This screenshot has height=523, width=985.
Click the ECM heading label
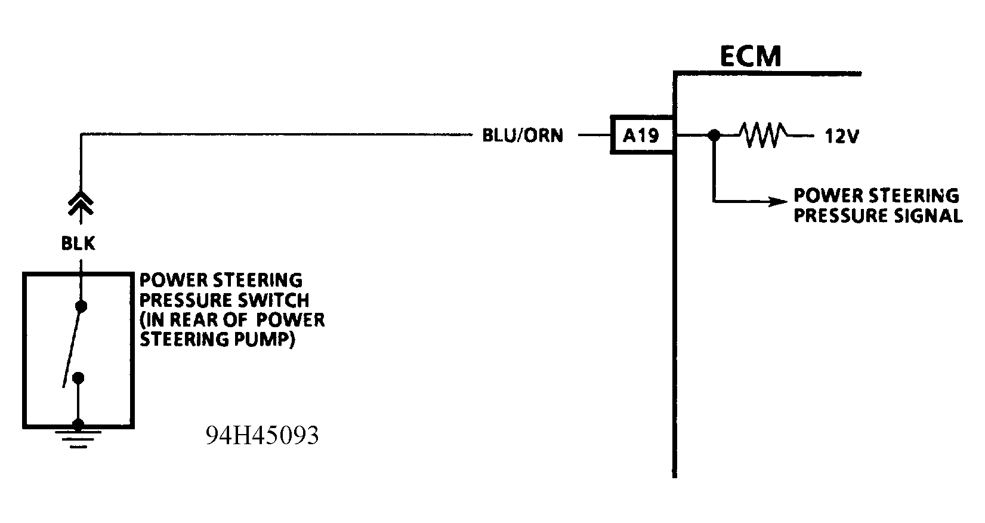pos(750,56)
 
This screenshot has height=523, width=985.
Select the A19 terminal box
pos(641,136)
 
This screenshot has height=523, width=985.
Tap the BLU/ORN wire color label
pos(522,136)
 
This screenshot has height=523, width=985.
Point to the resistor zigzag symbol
pos(763,136)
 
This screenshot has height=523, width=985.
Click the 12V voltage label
pos(841,137)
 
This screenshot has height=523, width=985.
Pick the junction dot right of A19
pos(713,136)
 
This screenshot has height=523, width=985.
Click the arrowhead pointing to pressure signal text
pos(777,202)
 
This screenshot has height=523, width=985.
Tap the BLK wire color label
pos(78,244)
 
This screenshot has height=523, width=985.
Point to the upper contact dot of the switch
pos(82,306)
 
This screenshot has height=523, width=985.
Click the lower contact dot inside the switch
pos(78,378)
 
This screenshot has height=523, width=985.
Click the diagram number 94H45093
pos(262,436)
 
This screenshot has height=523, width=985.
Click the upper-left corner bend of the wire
pos(81,136)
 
